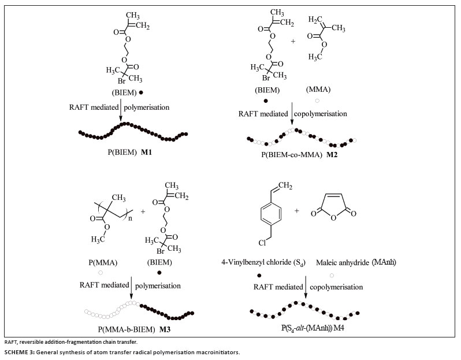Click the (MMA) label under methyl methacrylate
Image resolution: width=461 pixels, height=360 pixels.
click(325, 90)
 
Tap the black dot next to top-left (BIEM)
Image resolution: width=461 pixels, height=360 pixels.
click(142, 92)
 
